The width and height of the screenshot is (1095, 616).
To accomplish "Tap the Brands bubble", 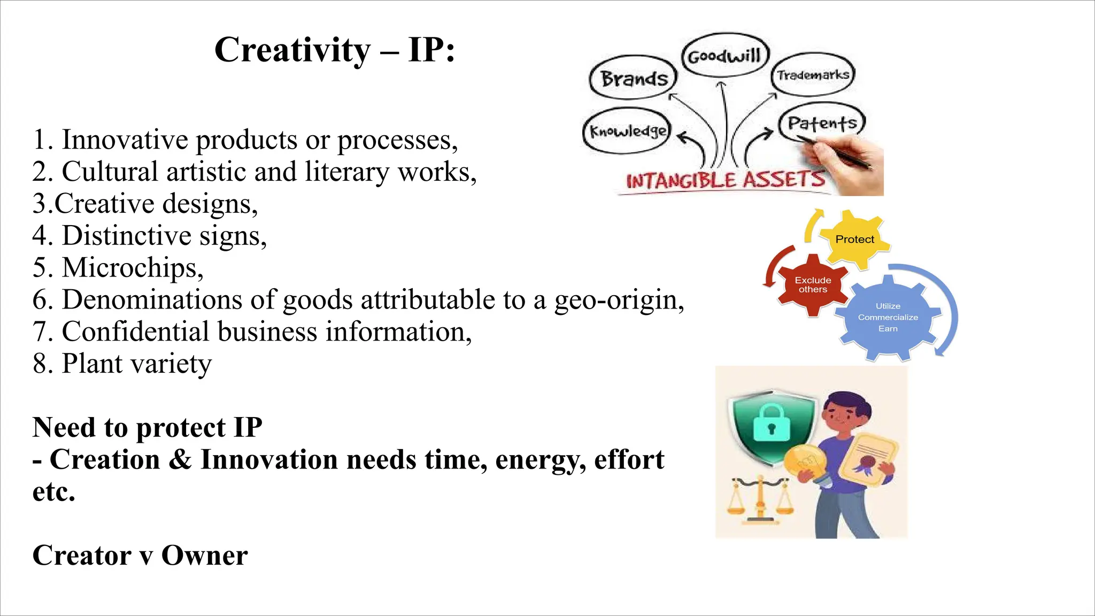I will pos(634,79).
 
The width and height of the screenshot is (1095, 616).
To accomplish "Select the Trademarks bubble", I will pos(813,75).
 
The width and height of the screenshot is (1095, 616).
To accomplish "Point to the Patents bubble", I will pos(822,123).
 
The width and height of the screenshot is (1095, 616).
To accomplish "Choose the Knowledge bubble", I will pos(628,132).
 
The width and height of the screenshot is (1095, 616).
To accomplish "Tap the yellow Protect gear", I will pos(854,240).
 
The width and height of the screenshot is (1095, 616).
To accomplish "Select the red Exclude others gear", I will pos(813,284).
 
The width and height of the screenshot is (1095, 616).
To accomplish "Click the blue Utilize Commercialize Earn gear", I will pos(888,317).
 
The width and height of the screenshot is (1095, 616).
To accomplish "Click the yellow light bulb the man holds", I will pos(804,463).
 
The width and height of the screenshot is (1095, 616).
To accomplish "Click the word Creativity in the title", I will pos(292,50).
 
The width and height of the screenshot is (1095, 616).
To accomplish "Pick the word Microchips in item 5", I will pos(132,267).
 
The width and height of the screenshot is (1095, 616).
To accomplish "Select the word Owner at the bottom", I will pos(204,556).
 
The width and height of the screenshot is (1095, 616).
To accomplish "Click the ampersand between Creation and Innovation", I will pos(180,460).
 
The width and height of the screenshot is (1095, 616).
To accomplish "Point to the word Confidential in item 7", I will pos(135,332).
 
